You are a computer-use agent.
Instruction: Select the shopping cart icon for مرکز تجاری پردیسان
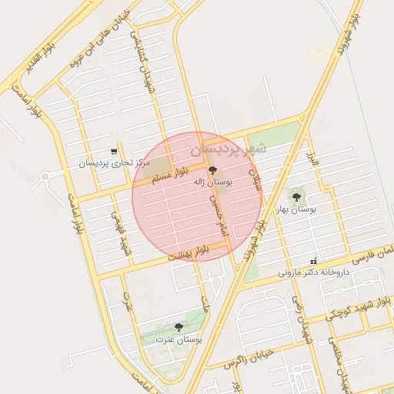click(x=114, y=151)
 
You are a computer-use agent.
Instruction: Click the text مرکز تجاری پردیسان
click(x=114, y=163)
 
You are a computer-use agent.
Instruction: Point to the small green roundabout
click(x=45, y=177)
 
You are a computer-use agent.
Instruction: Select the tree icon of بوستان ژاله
click(x=212, y=170)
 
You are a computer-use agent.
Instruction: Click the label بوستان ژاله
click(x=215, y=182)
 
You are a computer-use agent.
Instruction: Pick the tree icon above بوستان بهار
click(x=296, y=198)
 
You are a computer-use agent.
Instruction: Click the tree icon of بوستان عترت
click(x=179, y=327)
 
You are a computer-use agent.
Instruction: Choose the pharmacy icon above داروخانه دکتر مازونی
click(x=313, y=260)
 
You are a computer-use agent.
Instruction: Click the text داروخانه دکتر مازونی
click(x=313, y=272)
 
